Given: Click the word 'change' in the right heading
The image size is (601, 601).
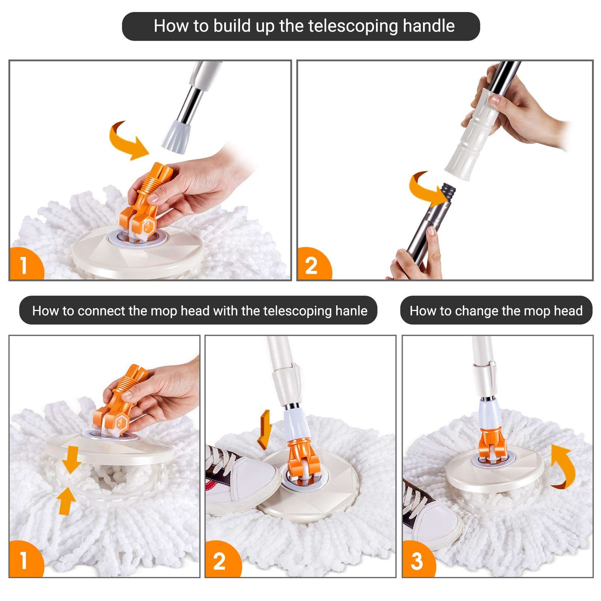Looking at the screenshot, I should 476,311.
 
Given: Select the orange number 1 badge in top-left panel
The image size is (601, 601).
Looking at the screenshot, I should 24,265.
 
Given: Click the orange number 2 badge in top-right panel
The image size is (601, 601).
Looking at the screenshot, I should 311,265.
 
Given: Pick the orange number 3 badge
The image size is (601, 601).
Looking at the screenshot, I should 417,561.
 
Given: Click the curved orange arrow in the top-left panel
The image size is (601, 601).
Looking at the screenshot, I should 128,141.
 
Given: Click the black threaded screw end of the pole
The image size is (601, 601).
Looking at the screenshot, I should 448,192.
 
